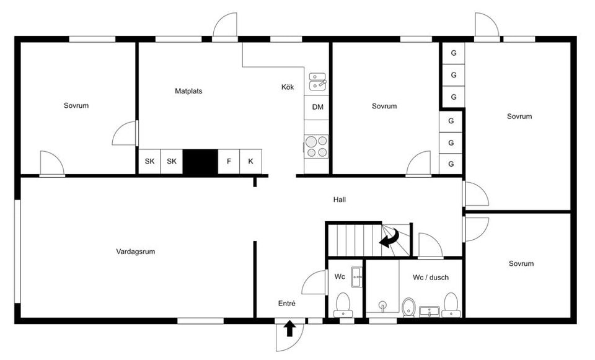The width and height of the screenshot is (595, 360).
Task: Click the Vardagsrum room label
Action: [x=135, y=252]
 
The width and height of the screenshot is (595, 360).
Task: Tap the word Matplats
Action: [x=188, y=91]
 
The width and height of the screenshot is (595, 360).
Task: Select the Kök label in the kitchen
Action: [x=288, y=87]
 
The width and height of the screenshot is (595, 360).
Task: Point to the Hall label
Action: [x=339, y=200]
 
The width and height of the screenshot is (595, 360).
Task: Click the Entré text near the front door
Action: [x=286, y=304]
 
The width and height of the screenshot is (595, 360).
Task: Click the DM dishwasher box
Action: [x=317, y=107]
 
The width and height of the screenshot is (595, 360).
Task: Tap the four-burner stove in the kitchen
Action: [x=317, y=146]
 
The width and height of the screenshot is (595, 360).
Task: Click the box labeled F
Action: [x=229, y=162]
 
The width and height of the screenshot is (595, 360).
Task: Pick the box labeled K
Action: [x=250, y=162]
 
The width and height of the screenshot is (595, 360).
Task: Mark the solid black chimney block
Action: [x=200, y=162]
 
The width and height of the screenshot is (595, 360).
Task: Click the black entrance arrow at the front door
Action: [x=289, y=328]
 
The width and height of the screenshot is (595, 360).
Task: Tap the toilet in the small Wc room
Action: [x=342, y=304]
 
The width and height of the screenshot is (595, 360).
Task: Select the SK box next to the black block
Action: [x=172, y=162]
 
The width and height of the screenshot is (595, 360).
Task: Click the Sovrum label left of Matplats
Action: [x=76, y=105]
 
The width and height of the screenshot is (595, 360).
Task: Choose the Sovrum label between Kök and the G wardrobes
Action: [x=384, y=106]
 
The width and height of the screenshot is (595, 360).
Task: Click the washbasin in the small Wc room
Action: [x=356, y=277]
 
